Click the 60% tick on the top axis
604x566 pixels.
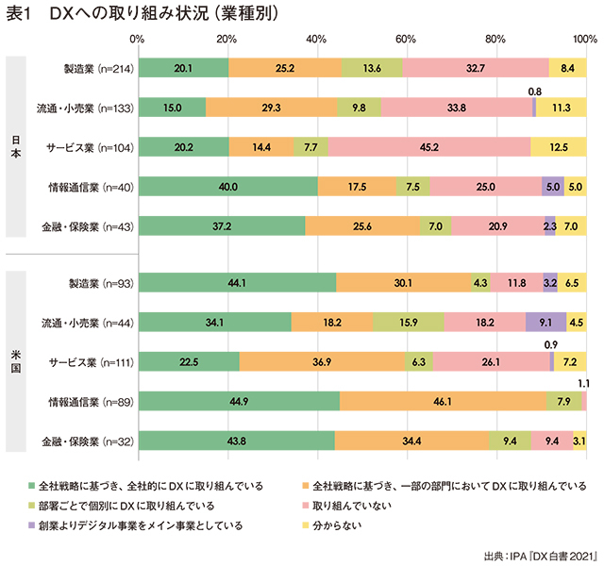pos(406,39)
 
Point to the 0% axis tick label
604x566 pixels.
pos(137,39)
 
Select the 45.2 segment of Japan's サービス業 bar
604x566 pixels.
pos(428,147)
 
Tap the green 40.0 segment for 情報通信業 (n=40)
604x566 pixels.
pos(227,186)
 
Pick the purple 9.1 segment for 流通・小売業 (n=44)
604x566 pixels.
pos(545,323)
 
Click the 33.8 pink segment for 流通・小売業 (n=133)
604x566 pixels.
pos(457,108)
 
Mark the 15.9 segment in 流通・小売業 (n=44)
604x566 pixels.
pos(409,323)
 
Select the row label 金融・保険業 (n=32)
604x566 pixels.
pos(92,441)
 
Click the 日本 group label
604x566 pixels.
pos(16,146)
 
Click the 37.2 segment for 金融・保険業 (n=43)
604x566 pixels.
pos(221,225)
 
